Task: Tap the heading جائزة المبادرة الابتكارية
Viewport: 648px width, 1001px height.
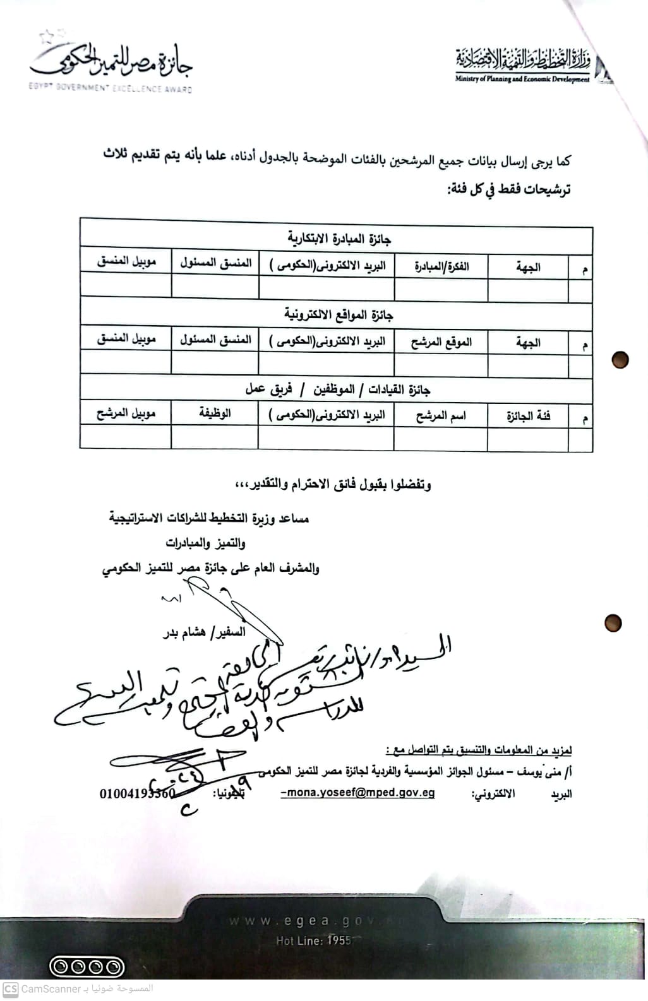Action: [339, 239]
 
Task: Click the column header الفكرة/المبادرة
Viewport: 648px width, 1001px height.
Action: [441, 266]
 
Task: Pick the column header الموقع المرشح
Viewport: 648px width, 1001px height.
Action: [441, 342]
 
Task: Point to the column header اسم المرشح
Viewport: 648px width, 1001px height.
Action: [441, 416]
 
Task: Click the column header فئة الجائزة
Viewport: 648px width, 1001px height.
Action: [528, 417]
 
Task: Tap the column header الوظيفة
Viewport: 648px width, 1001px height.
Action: [215, 413]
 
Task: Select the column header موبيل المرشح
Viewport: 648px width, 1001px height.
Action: [126, 414]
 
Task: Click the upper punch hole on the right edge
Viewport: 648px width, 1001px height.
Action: [620, 360]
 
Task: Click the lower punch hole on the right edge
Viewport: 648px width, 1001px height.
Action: [613, 623]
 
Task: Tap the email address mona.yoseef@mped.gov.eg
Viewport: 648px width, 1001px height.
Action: [358, 793]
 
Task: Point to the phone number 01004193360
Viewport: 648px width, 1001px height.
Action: [137, 793]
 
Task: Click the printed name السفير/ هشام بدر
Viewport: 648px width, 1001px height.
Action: [204, 632]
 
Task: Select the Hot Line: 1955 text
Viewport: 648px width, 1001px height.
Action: [313, 940]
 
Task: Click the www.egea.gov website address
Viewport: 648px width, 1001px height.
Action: [297, 921]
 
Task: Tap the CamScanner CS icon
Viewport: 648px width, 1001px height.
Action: [10, 989]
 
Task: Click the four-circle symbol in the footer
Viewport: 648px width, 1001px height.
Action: [87, 966]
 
